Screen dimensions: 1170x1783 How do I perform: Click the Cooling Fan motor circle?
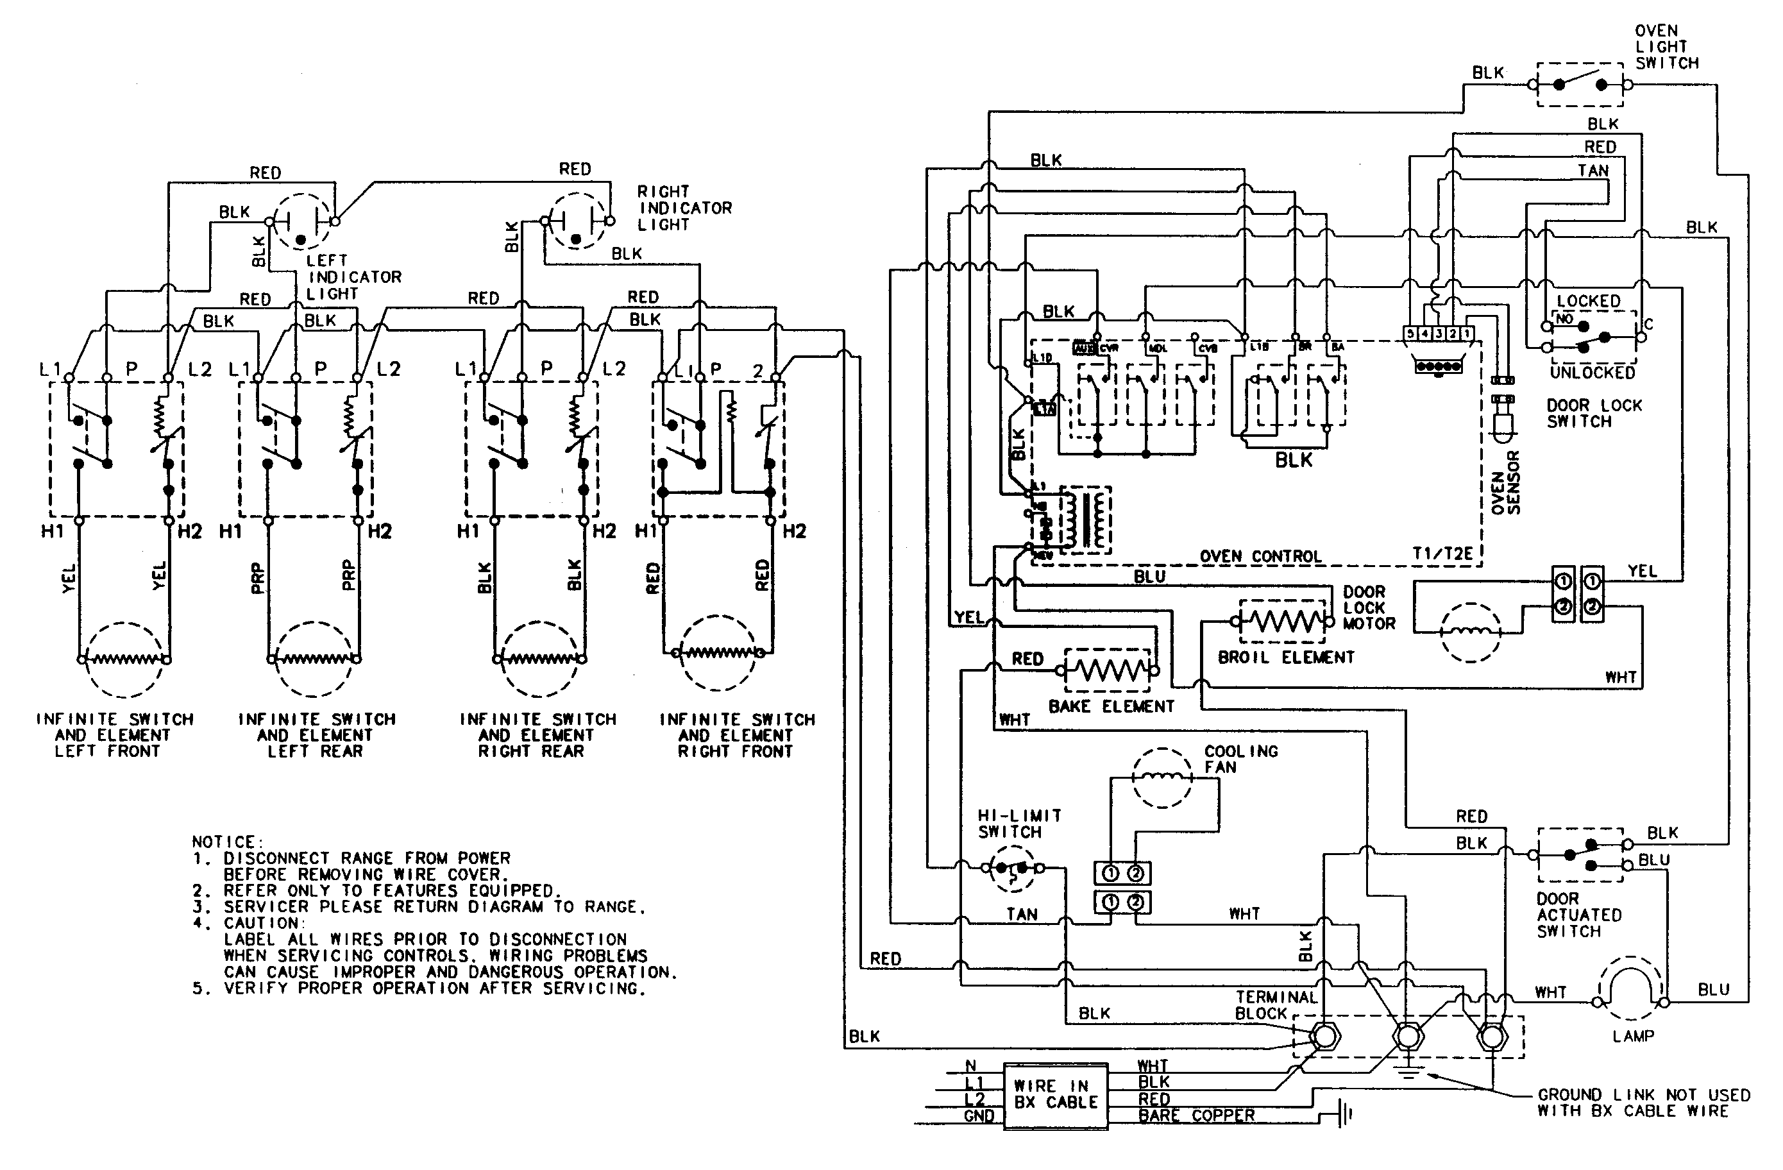(x=1162, y=777)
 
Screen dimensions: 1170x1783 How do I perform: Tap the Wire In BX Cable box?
(x=1055, y=1095)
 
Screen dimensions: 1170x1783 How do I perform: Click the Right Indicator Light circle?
(x=575, y=223)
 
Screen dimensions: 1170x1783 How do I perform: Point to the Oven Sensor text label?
(x=1506, y=483)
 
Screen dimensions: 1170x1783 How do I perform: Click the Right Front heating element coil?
(x=718, y=652)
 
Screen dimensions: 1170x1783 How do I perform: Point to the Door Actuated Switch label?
(x=1578, y=915)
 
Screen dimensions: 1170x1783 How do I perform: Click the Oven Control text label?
(x=1260, y=557)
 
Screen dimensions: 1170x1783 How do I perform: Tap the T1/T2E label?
(x=1442, y=554)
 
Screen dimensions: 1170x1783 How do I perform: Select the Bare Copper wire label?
(x=1196, y=1116)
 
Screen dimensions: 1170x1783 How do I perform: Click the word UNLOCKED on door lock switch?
(x=1592, y=372)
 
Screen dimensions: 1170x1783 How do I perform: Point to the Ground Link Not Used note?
(x=1643, y=1103)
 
